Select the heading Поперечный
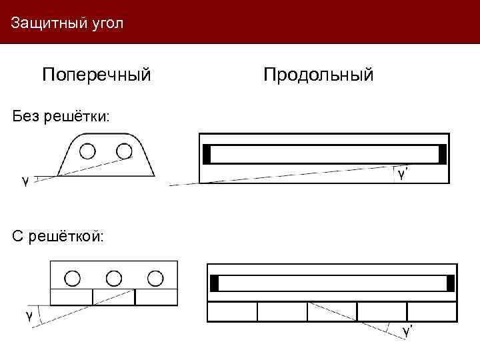click(x=97, y=74)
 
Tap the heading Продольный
click(x=318, y=74)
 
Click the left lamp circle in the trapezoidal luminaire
click(x=87, y=151)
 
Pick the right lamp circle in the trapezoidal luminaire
click(x=124, y=151)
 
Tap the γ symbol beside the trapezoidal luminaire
click(x=25, y=180)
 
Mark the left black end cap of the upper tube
click(x=207, y=154)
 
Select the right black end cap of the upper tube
click(x=443, y=154)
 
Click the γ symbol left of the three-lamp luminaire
click(x=29, y=315)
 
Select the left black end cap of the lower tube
click(x=214, y=283)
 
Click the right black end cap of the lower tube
click(x=451, y=283)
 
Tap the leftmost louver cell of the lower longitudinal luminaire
click(x=232, y=311)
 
